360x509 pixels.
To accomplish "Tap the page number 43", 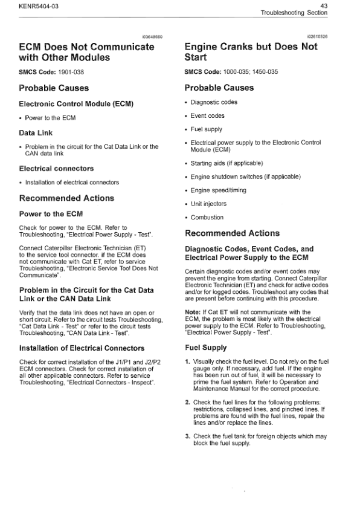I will tap(341, 5).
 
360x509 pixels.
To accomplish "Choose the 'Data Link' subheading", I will tap(36, 132).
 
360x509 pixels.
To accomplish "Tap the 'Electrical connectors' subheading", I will tap(56, 168).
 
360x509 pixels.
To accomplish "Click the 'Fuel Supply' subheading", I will tap(206, 348).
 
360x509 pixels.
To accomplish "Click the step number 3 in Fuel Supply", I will tap(187, 436).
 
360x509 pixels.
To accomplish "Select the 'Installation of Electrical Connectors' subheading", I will tap(82, 348).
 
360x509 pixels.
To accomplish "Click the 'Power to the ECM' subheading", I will tap(51, 214).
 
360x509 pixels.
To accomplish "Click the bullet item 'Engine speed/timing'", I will tap(218, 190).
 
